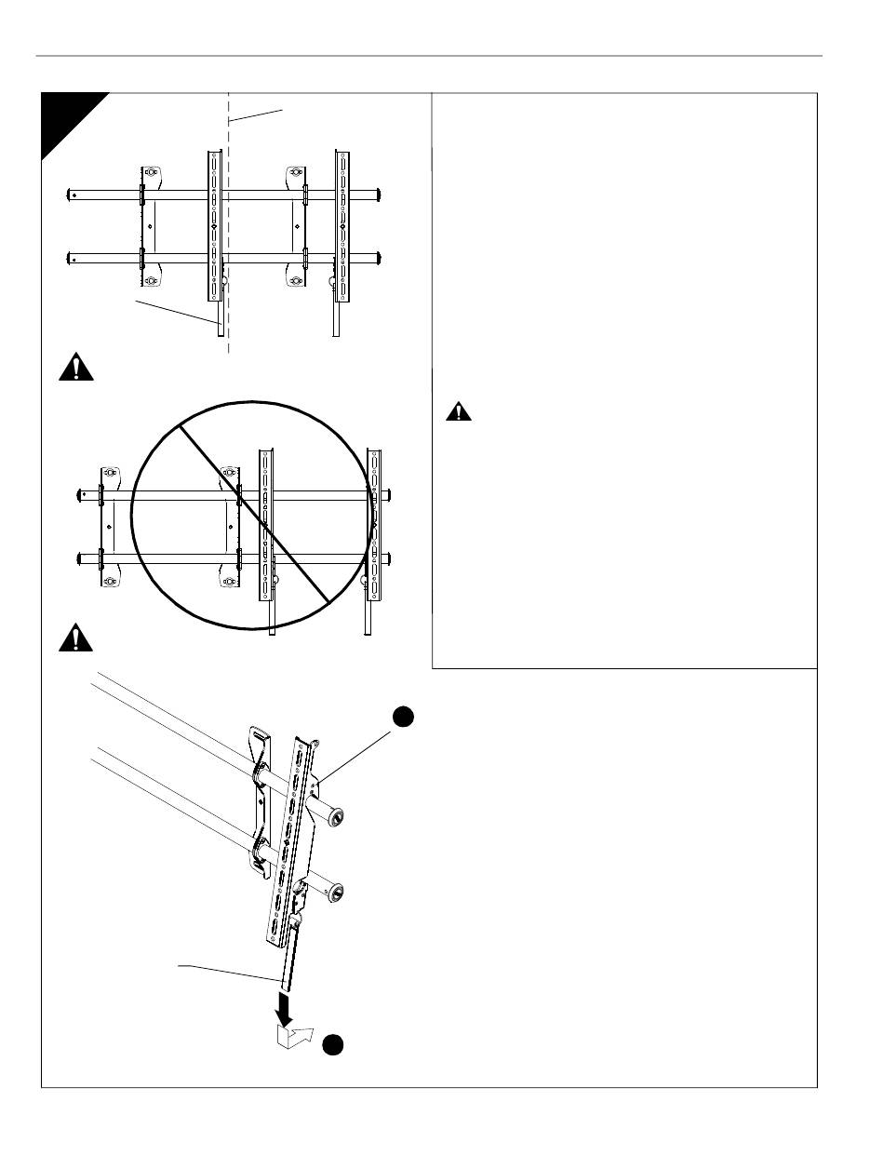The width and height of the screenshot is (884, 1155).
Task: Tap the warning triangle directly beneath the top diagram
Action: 76,369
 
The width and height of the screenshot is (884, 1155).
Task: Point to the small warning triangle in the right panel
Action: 457,412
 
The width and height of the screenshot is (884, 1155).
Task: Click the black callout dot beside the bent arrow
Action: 334,1044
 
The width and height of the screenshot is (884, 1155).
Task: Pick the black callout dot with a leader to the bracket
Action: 401,717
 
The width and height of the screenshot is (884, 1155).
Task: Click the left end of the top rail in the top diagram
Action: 73,195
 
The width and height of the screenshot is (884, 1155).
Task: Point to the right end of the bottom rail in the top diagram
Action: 379,257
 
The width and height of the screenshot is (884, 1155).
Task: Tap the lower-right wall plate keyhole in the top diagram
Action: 296,279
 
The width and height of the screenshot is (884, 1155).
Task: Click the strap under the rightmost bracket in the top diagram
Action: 339,316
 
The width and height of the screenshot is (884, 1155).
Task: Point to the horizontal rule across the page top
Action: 428,56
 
